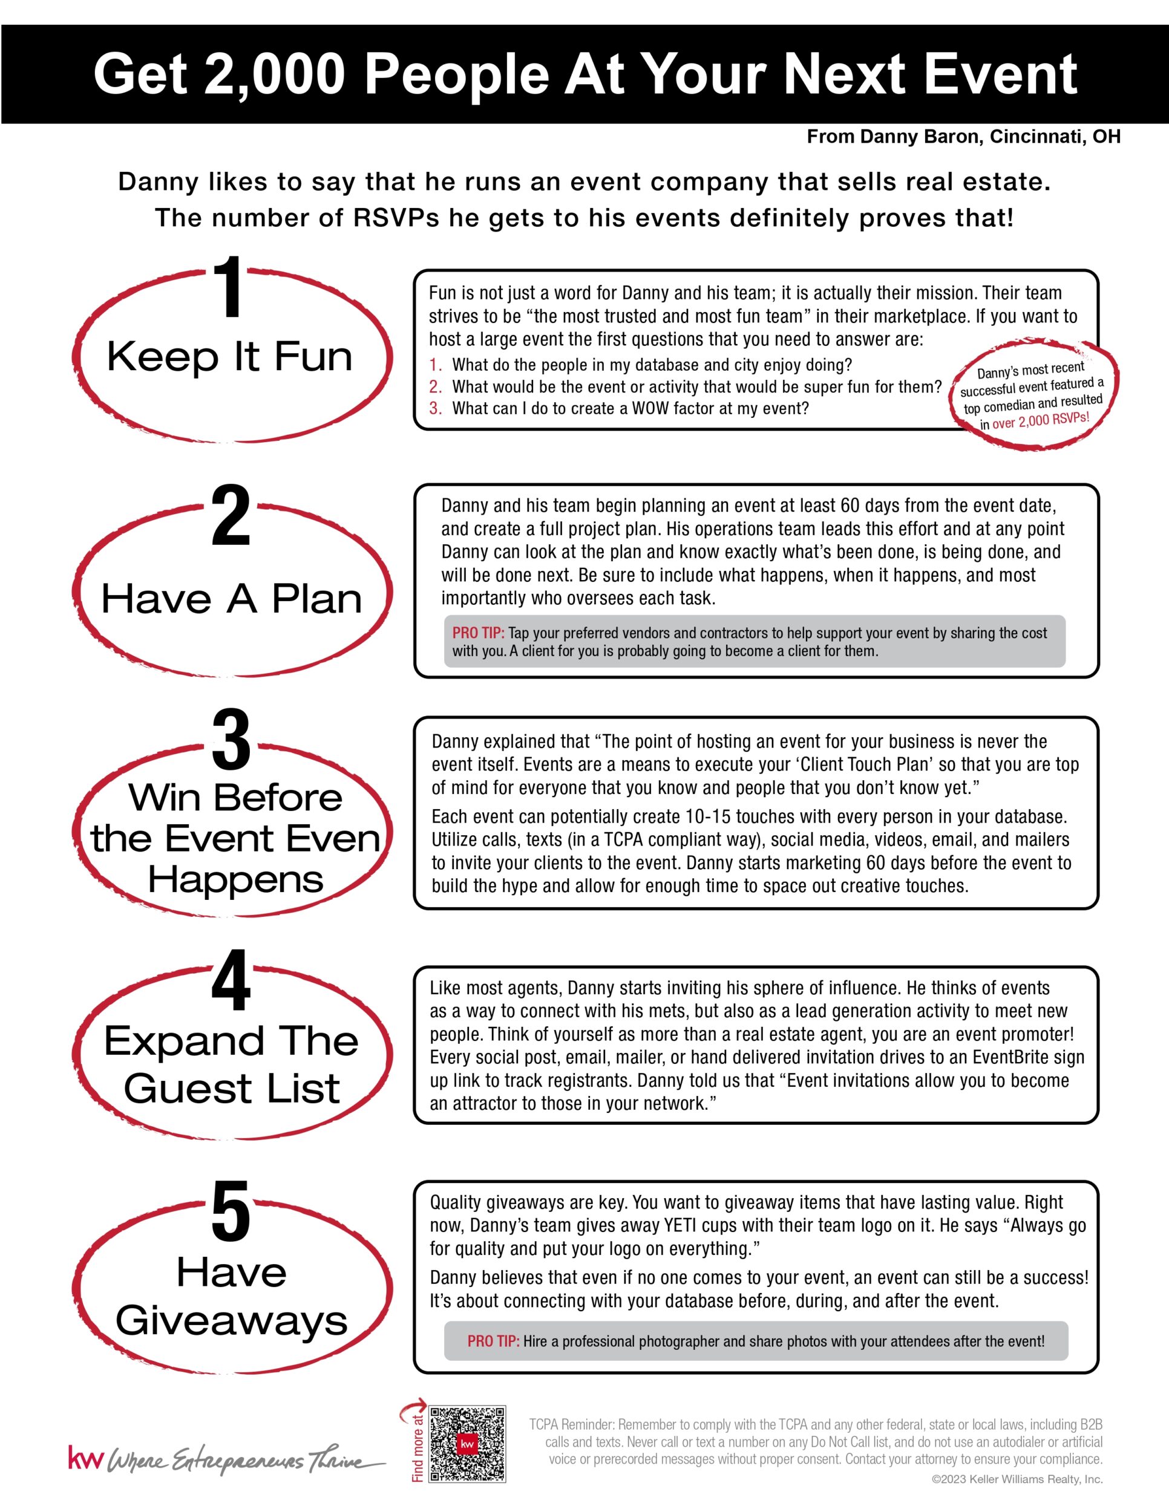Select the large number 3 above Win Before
(x=231, y=741)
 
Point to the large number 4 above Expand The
(x=231, y=981)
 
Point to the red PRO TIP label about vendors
(x=478, y=633)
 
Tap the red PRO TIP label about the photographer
(x=493, y=1341)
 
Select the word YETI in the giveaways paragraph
(x=679, y=1225)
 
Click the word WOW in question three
(x=649, y=408)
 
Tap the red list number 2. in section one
(x=435, y=386)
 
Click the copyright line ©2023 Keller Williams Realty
(x=1017, y=1479)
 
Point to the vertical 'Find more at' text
(x=417, y=1447)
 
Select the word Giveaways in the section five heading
(x=231, y=1320)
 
